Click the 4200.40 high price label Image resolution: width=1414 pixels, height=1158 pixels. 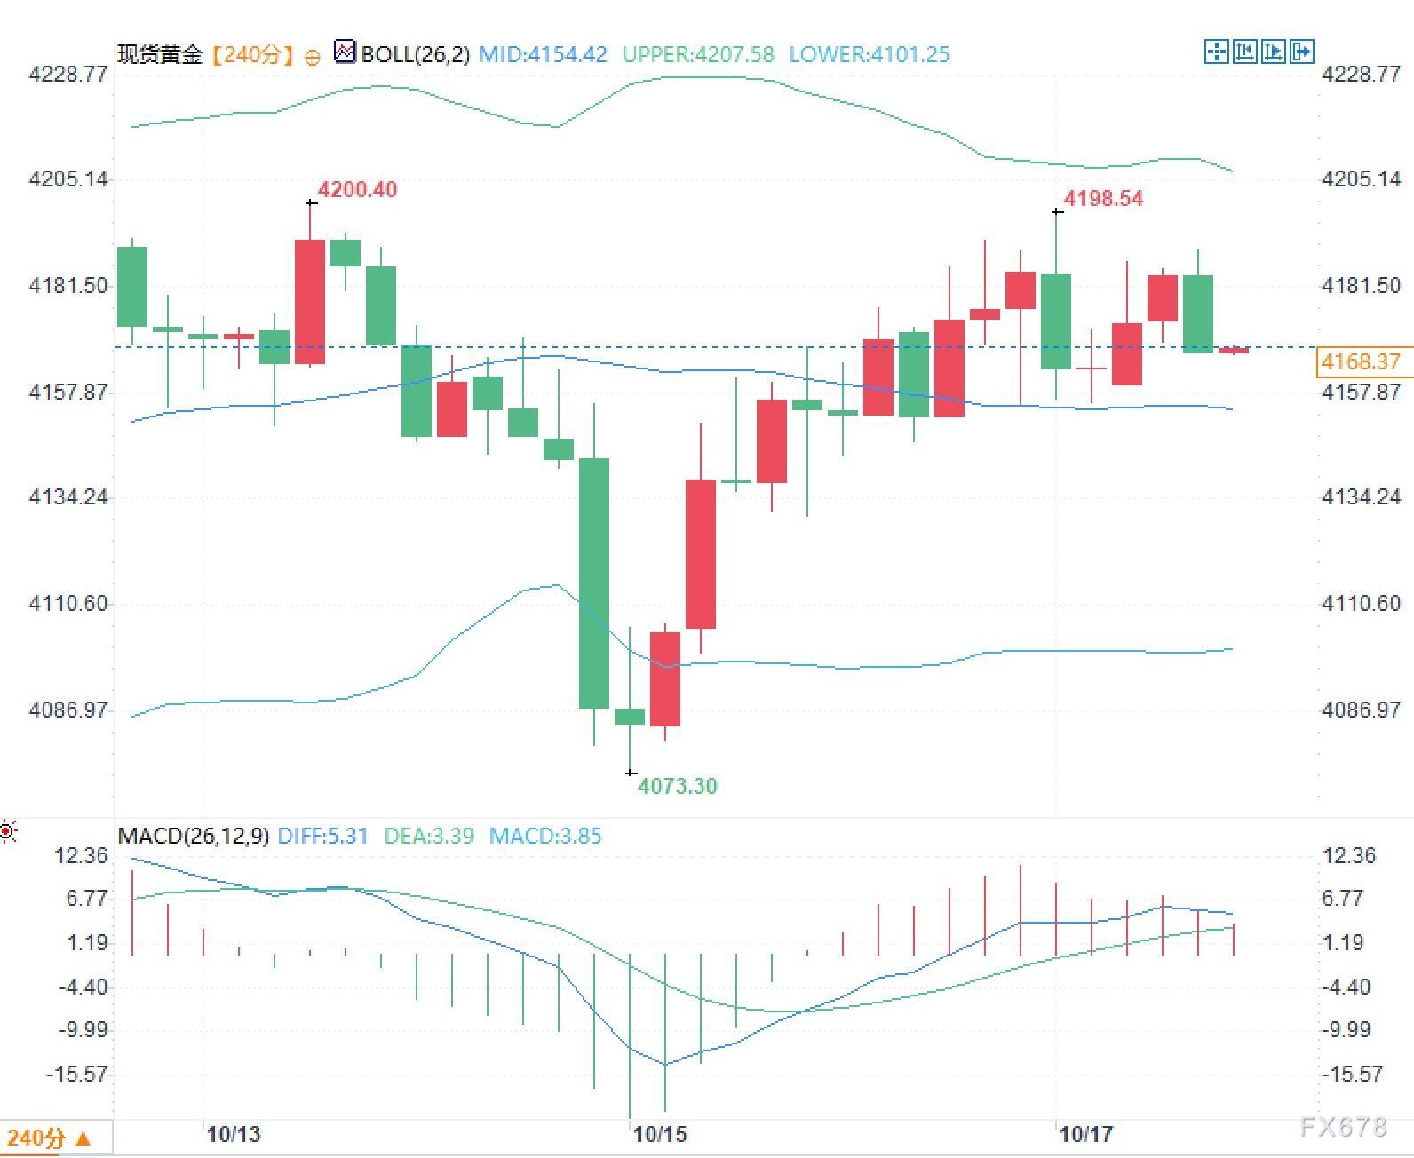tap(357, 190)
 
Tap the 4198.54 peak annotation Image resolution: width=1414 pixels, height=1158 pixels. tap(1103, 198)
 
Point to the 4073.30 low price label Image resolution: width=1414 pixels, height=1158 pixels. tap(677, 786)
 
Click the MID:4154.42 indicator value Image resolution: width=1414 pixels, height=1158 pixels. tap(543, 54)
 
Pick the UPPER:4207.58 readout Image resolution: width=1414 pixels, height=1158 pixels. tap(698, 54)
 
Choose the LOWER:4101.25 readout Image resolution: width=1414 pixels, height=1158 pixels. tap(870, 54)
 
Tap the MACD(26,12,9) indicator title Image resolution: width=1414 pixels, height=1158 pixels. tap(193, 837)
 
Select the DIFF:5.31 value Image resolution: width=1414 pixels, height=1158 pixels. tap(322, 837)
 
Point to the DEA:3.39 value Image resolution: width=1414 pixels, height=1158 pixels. tap(428, 837)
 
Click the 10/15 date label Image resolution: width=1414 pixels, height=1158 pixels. tap(660, 1135)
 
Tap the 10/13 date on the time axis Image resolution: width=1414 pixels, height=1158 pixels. tap(234, 1135)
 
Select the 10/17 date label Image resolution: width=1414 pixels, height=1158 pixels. tap(1085, 1135)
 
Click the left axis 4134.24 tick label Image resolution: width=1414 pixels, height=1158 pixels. tap(68, 497)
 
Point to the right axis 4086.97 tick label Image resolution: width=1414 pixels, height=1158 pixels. tap(1361, 710)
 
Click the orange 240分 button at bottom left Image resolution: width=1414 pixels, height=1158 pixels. tap(48, 1138)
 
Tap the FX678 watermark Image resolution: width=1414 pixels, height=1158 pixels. tap(1343, 1128)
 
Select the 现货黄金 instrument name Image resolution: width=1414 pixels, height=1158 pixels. tap(160, 54)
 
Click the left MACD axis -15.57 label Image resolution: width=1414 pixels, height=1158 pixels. tap(76, 1075)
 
